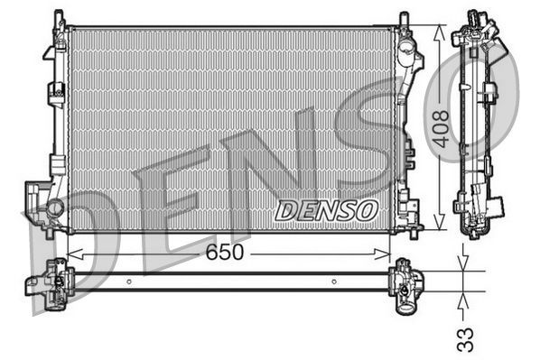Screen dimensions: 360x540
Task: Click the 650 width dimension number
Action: click(x=224, y=254)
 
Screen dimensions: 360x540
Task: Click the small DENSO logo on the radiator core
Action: click(x=326, y=210)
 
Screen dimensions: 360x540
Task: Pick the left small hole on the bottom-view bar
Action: click(x=128, y=282)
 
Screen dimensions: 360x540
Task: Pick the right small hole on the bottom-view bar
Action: click(x=333, y=282)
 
